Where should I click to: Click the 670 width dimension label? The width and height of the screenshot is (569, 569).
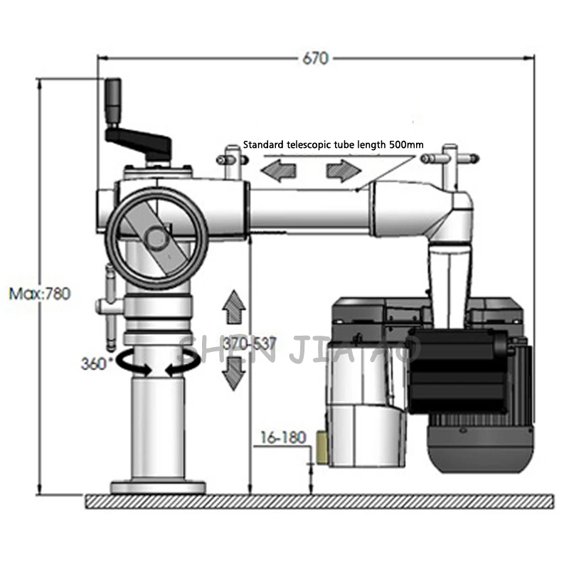[x=314, y=58]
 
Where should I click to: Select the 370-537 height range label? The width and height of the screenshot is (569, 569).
[x=248, y=344]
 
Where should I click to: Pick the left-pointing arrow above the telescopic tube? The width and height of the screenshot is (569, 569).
[x=277, y=171]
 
